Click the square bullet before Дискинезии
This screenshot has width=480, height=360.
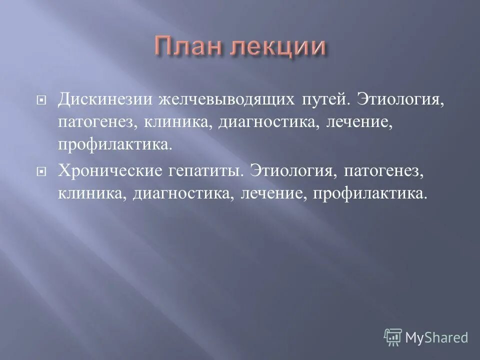42,99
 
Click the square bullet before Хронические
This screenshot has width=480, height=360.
42,171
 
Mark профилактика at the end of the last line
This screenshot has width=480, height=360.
370,192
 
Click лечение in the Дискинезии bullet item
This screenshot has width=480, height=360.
357,121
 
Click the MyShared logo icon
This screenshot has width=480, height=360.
393,336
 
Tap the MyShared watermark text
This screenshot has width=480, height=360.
436,337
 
